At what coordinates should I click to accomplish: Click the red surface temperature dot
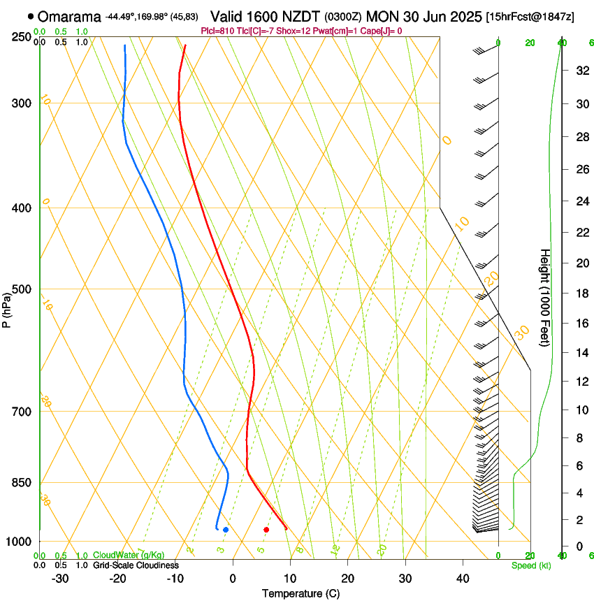266,530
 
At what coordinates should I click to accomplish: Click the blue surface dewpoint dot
226,530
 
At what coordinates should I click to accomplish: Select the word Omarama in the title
69,17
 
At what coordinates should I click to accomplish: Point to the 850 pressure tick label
22,483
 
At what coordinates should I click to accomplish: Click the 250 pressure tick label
22,37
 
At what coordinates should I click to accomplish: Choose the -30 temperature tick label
60,579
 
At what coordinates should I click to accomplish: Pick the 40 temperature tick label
463,579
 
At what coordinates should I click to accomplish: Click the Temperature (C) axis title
300,593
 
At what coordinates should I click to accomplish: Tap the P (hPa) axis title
7,307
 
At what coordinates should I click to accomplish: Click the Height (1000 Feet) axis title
546,298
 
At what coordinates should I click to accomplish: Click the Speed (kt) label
530,565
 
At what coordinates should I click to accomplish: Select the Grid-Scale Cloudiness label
136,565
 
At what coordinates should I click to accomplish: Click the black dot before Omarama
31,16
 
